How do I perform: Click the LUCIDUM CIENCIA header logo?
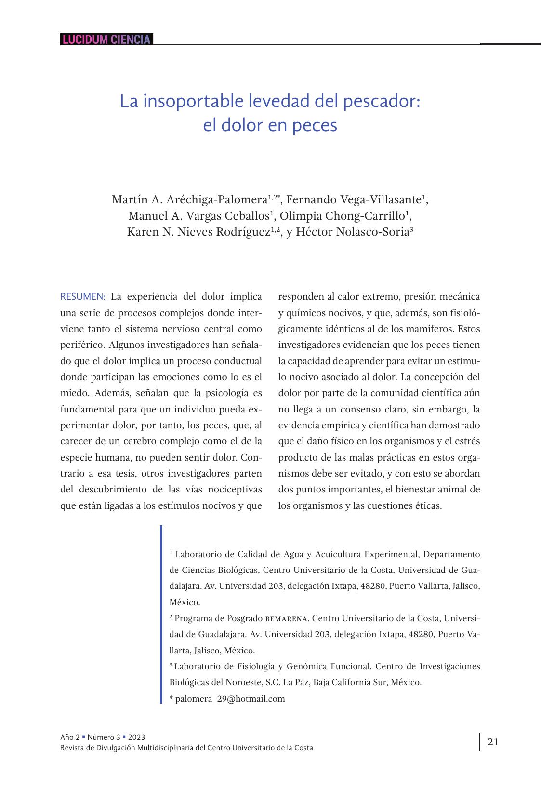coord(106,40)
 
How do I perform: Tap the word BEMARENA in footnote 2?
coord(287,618)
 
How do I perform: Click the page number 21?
coord(493,742)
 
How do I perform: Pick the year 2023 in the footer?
coord(136,737)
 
